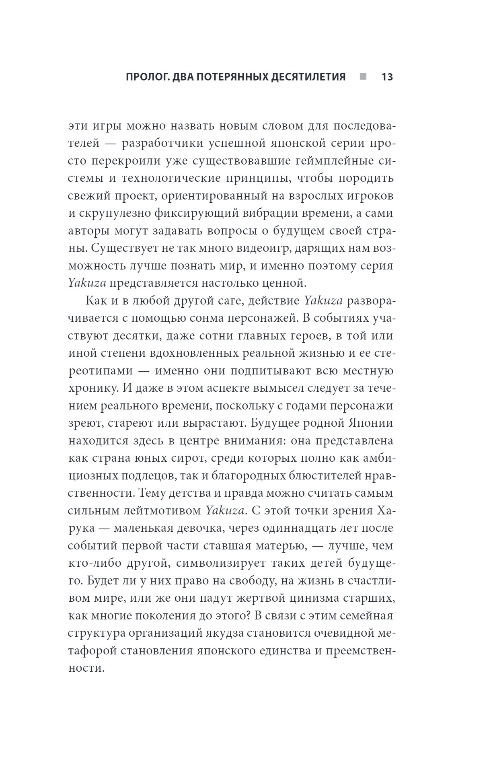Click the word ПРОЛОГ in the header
pos(147,77)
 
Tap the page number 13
pos(386,77)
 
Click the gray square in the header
pos(363,76)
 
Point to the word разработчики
pos(164,144)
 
